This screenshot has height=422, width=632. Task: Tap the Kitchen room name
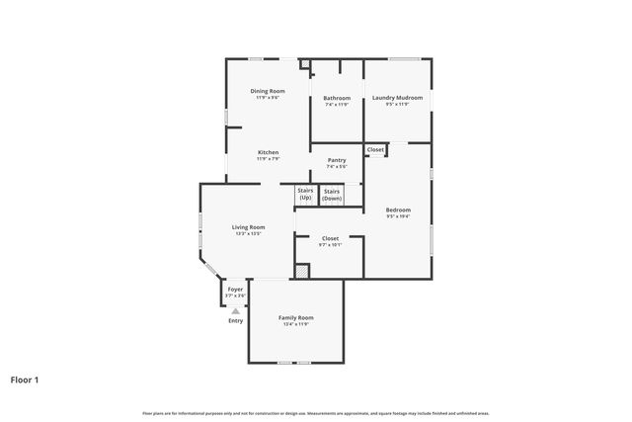click(269, 152)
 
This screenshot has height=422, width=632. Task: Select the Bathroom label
click(337, 98)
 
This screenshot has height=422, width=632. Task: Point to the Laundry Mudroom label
click(397, 98)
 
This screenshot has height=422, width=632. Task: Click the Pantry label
click(336, 160)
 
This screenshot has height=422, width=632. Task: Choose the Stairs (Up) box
click(305, 195)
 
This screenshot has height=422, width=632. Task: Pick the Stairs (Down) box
click(332, 195)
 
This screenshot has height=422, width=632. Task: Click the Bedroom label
click(398, 210)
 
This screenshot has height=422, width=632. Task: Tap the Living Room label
click(248, 227)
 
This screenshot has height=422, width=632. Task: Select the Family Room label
click(295, 317)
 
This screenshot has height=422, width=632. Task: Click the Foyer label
click(235, 290)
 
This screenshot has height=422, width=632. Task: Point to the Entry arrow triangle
click(235, 310)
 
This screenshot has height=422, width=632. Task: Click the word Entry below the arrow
click(235, 320)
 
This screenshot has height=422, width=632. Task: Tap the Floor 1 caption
click(25, 379)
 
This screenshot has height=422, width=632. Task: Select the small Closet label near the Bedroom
click(375, 150)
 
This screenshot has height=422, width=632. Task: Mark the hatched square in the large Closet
click(302, 270)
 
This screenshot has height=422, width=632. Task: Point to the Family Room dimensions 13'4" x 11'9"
click(295, 323)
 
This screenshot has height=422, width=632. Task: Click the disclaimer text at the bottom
click(316, 412)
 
